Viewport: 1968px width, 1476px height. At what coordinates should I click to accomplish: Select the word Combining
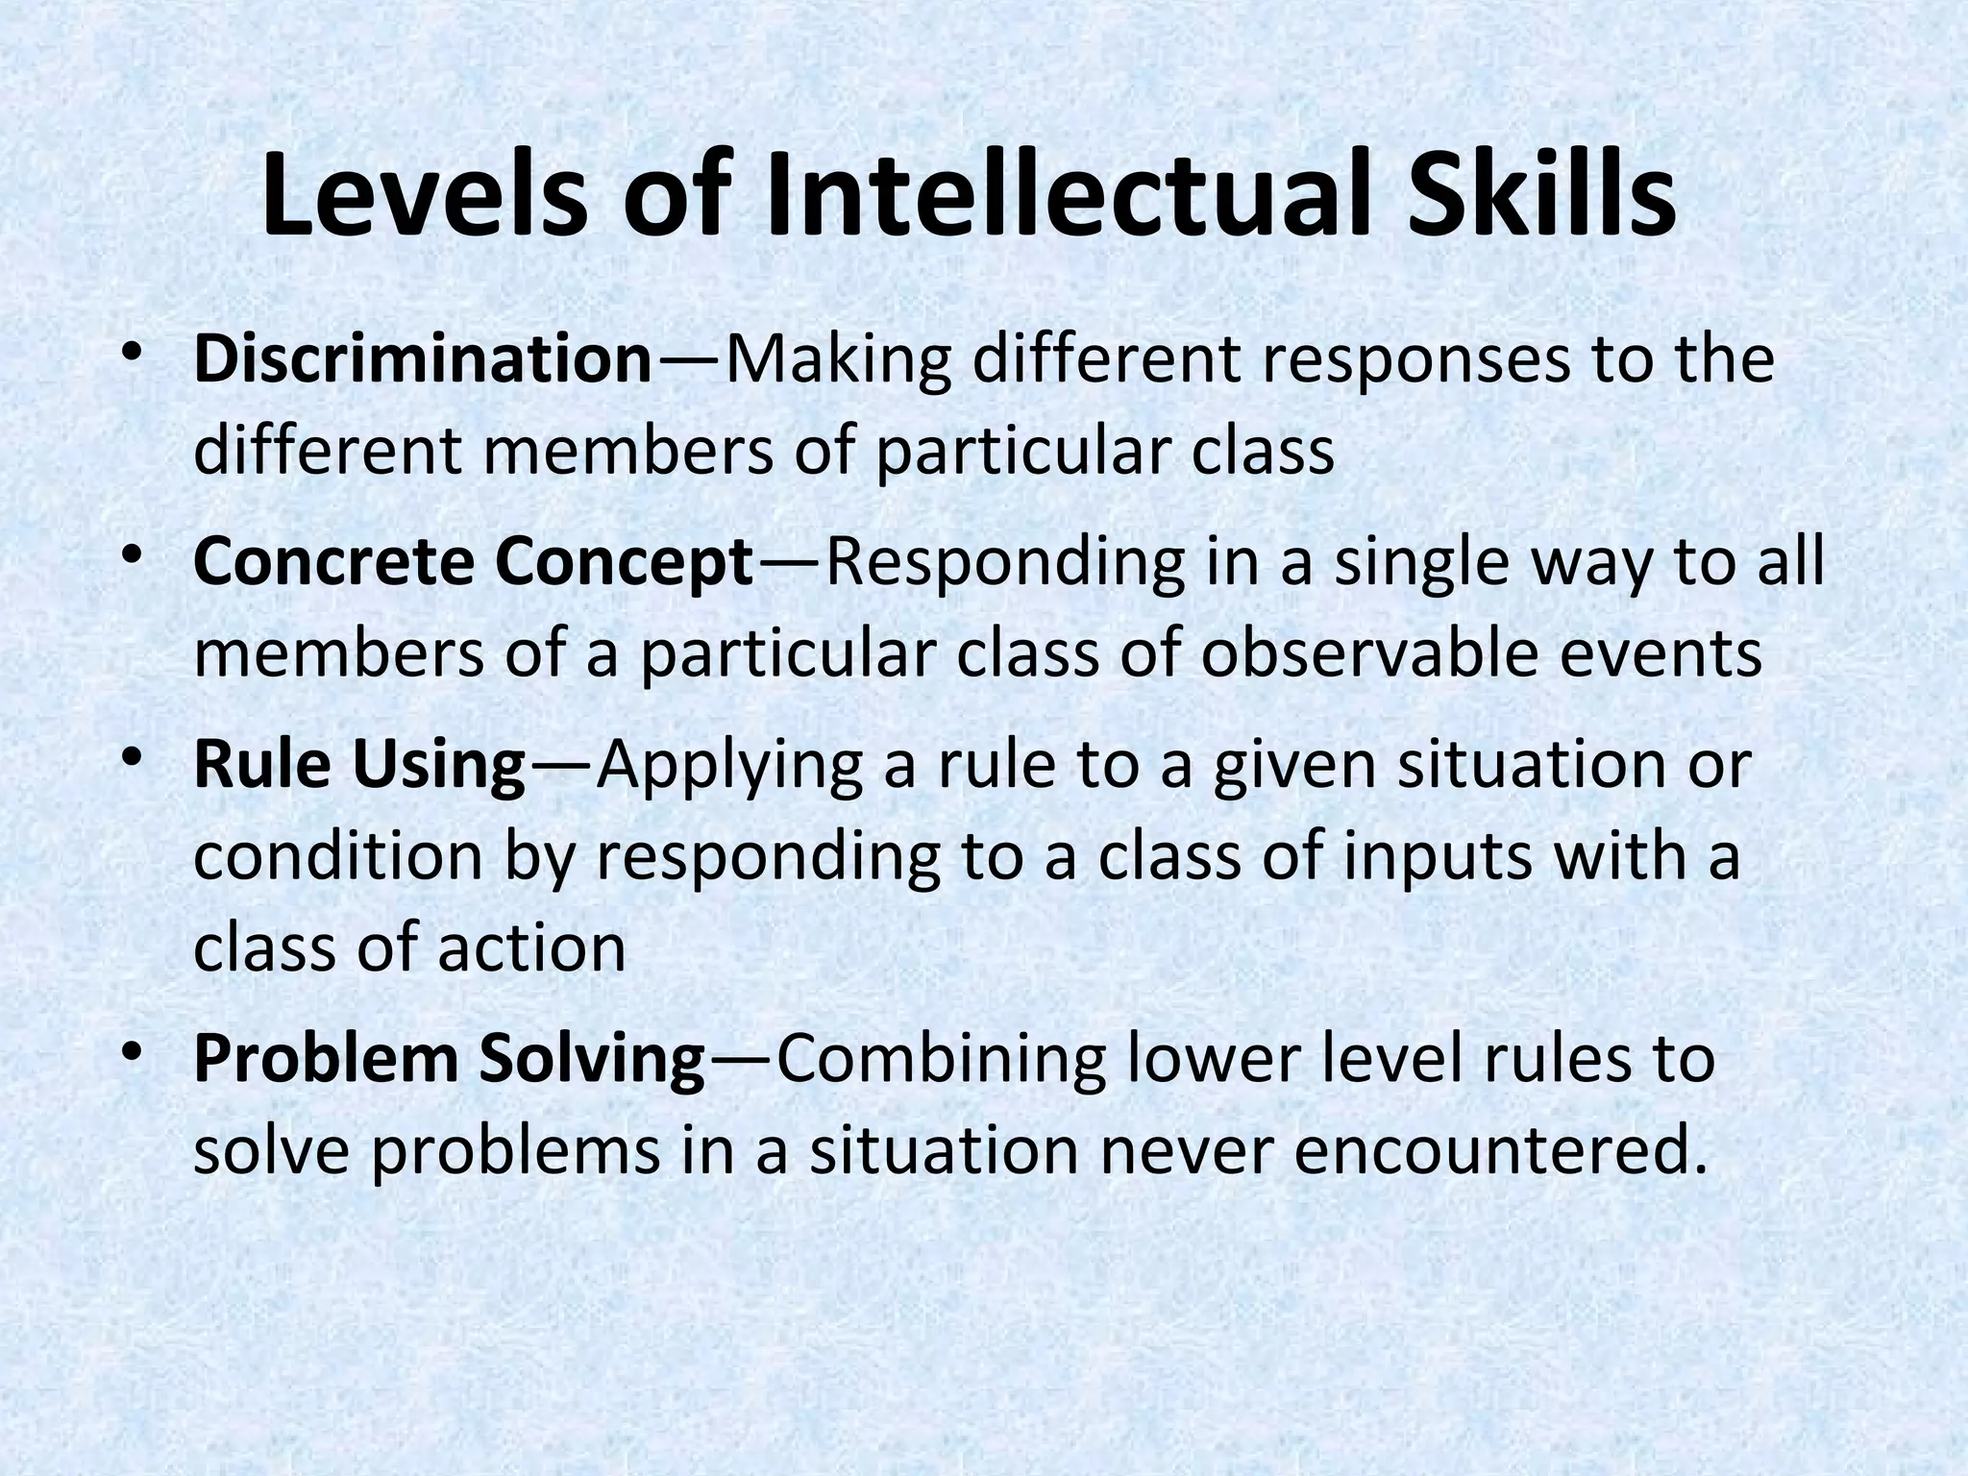pos(938,1060)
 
